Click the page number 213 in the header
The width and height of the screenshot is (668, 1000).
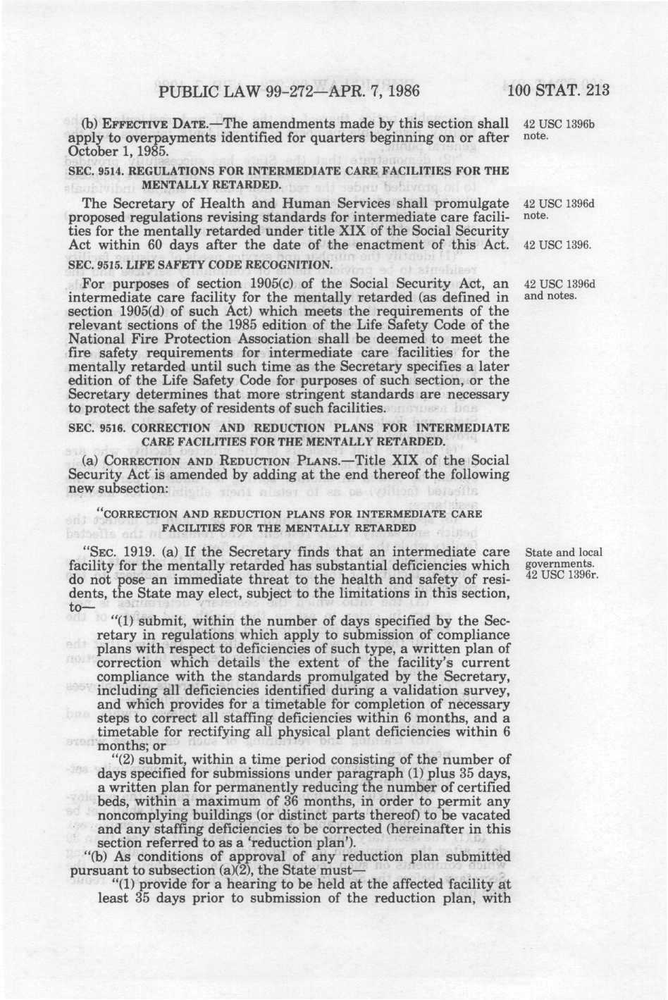coord(593,91)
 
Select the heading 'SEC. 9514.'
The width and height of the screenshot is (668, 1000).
coord(97,171)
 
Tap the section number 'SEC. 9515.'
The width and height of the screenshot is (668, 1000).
coord(97,265)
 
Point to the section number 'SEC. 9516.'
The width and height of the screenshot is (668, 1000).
coord(97,428)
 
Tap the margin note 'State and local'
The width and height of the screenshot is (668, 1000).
coord(564,553)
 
